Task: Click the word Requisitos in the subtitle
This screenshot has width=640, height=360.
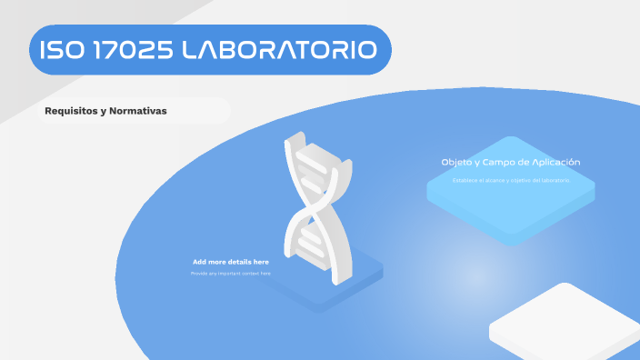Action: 72,111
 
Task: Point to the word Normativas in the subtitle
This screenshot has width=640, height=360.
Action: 136,111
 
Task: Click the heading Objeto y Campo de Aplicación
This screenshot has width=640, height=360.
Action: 511,162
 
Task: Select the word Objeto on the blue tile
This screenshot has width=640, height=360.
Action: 456,162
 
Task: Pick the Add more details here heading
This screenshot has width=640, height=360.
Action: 230,262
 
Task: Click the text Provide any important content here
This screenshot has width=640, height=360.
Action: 230,273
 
